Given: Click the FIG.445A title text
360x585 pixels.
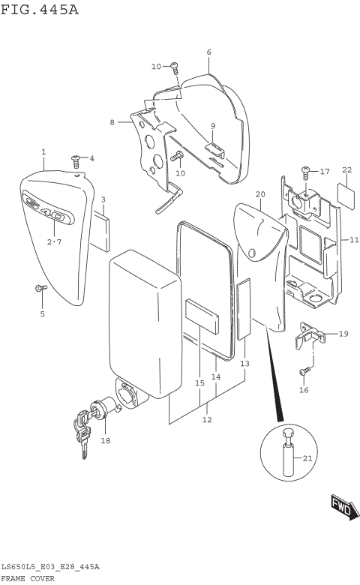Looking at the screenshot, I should [x=39, y=10].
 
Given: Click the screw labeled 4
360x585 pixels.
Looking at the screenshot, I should [x=76, y=159].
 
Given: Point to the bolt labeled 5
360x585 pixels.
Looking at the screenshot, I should [x=40, y=289].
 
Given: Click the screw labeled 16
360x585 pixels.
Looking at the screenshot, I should [x=304, y=371].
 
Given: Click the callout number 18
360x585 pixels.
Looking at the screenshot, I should [x=105, y=440].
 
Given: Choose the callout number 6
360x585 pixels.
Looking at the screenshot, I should [x=208, y=52].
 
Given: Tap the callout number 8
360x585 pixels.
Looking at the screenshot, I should [x=112, y=121].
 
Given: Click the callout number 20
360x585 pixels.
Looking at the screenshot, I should [x=260, y=193].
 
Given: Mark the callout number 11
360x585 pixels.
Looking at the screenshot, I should [x=354, y=239].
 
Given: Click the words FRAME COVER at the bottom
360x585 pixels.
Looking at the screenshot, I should [x=32, y=578].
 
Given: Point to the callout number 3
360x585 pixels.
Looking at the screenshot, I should [x=103, y=199].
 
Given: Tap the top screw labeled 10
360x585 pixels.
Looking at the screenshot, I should [x=173, y=67].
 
